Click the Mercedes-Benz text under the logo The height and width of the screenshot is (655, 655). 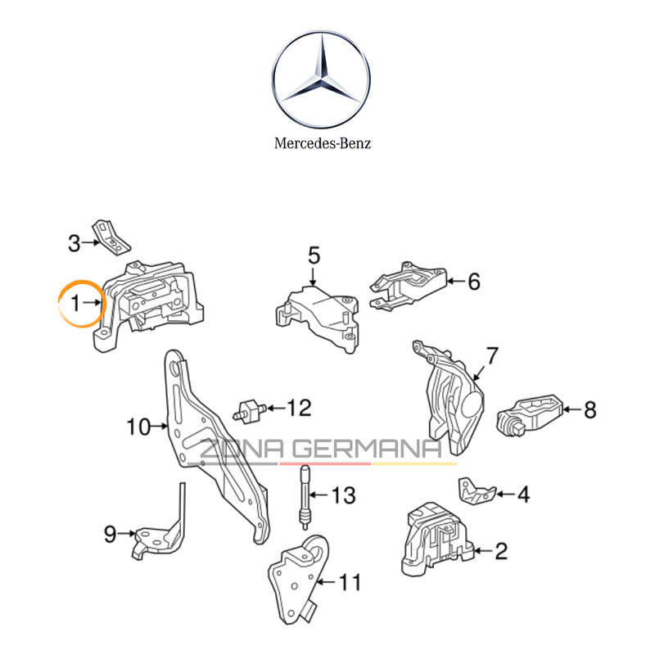(x=322, y=143)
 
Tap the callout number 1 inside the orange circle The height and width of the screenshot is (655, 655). (x=75, y=303)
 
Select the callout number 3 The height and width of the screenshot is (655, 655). (x=75, y=243)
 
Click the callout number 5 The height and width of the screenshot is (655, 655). (x=314, y=256)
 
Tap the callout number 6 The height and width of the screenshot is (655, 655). (x=473, y=282)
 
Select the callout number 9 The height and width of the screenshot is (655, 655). (x=111, y=535)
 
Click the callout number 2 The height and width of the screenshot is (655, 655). (x=501, y=552)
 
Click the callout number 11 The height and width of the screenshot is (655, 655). (x=350, y=583)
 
